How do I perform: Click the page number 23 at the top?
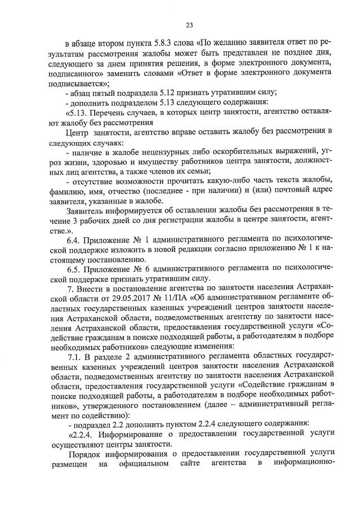coord(189,24)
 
